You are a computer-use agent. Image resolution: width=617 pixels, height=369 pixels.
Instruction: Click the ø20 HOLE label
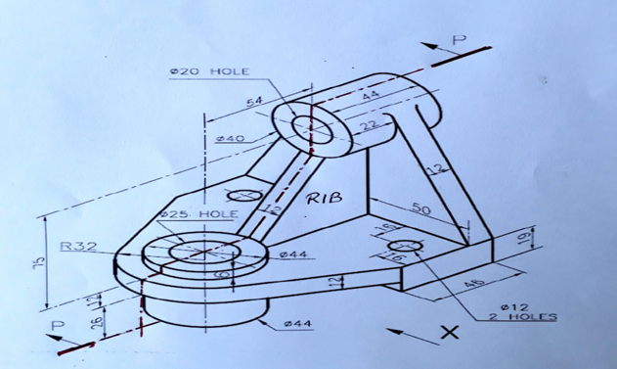point(209,71)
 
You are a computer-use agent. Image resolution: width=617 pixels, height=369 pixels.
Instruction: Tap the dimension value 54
point(254,102)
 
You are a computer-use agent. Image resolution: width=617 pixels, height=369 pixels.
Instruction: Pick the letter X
point(449,333)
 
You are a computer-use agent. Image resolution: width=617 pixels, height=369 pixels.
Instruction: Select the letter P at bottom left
point(58,325)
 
